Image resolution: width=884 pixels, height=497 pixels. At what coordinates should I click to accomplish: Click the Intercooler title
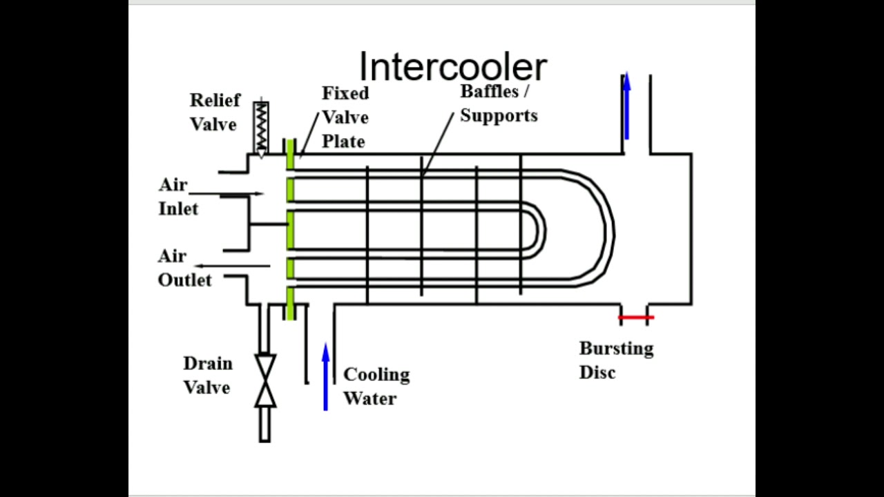453,68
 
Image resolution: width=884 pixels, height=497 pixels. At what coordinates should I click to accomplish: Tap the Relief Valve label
215,113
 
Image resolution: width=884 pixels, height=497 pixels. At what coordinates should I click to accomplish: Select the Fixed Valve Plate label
345,117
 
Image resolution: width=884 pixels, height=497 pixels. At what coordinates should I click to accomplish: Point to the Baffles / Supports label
499,104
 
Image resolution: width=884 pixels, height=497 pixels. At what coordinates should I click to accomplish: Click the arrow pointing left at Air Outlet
232,266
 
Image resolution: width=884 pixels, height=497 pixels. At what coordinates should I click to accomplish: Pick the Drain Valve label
207,376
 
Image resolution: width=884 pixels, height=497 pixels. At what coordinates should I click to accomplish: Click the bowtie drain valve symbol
265,380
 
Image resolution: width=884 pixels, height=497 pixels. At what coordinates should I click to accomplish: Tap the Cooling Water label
376,387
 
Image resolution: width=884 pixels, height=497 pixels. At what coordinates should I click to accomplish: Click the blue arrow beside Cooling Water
325,377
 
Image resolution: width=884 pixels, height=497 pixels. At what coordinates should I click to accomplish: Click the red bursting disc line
635,318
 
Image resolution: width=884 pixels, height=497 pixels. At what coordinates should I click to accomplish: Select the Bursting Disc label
616,360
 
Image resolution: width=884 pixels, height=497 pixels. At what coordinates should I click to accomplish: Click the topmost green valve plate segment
291,155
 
